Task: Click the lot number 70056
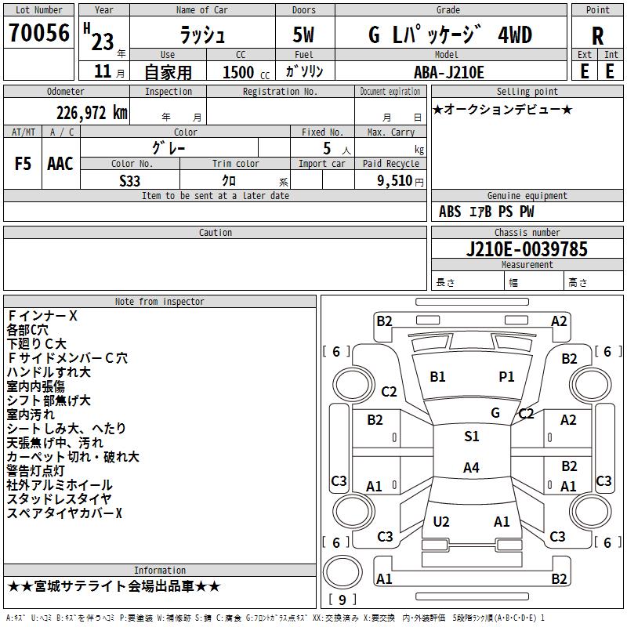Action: coord(39,33)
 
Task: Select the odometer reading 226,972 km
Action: coord(92,113)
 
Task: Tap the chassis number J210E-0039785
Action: coord(527,249)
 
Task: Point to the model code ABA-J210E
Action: coord(449,72)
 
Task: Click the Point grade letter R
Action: coord(597,36)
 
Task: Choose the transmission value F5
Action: coord(23,164)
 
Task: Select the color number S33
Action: coord(130,181)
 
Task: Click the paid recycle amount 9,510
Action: coord(395,181)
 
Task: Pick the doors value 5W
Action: coord(303,34)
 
